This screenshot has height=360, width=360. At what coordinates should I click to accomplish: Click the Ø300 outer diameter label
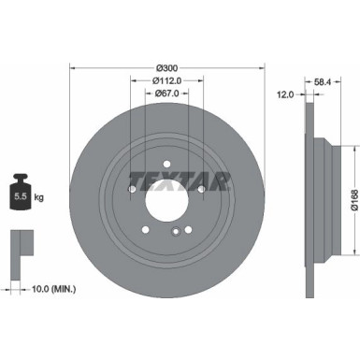click(166, 68)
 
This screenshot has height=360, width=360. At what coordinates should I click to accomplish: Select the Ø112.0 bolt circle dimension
click(166, 80)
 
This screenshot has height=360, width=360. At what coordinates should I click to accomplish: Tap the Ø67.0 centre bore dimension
click(166, 94)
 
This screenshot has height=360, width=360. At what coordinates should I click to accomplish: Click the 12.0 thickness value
click(285, 94)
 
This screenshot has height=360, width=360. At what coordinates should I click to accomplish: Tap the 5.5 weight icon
click(20, 197)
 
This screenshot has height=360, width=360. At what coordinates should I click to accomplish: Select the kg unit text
click(39, 199)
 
